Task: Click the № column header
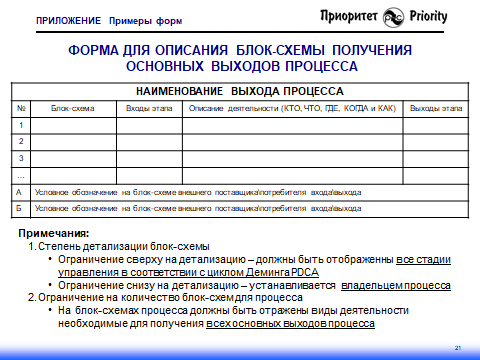coord(21,107)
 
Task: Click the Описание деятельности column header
coord(292,107)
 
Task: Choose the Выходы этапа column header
coord(436,107)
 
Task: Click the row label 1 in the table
coord(21,124)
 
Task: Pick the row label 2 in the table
coord(21,141)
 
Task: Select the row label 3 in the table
coord(21,158)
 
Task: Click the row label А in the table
coord(21,191)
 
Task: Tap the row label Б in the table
coord(21,208)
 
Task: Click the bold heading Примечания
coord(56,232)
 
